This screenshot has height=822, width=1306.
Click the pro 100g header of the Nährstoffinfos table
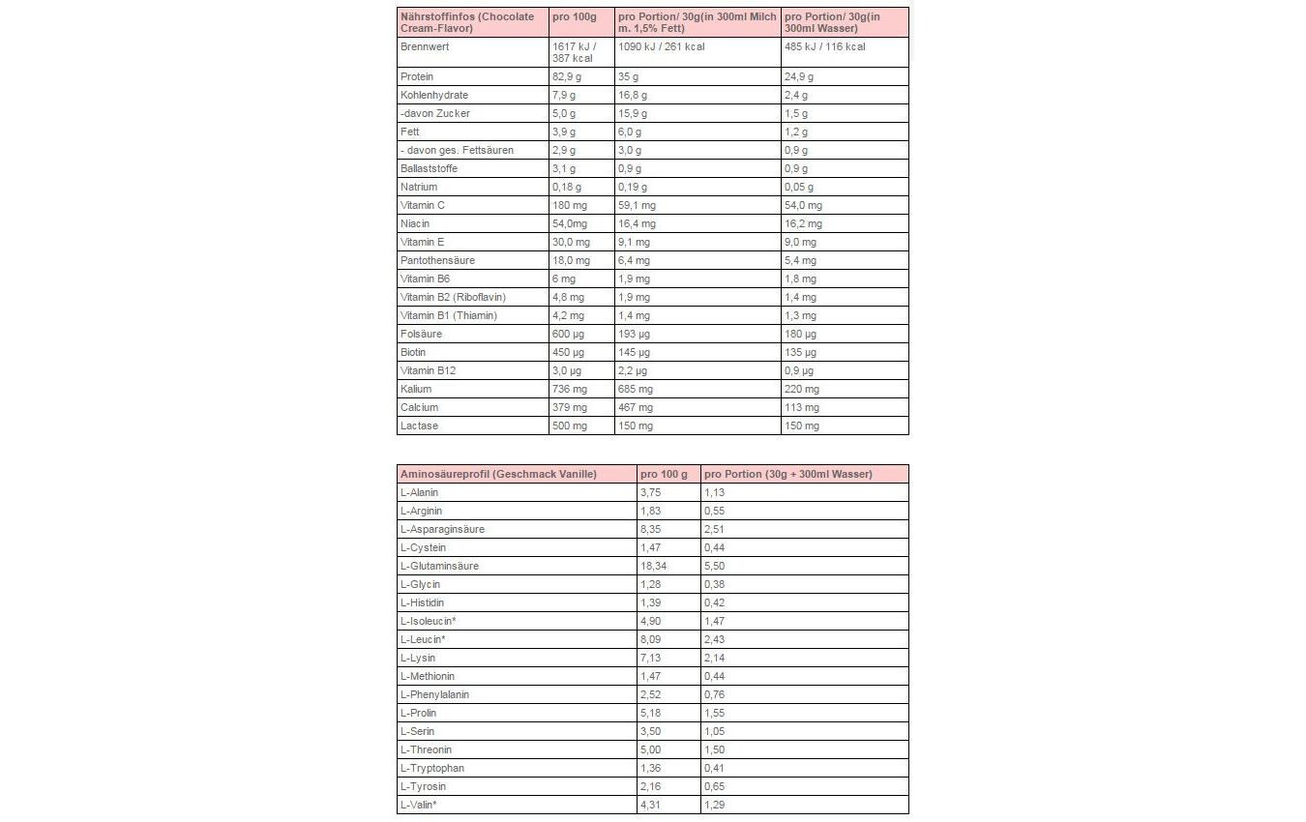click(x=574, y=17)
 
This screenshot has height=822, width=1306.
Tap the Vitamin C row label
click(x=423, y=205)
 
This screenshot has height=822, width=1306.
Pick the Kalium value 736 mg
click(x=569, y=389)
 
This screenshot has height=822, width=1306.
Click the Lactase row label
click(x=420, y=426)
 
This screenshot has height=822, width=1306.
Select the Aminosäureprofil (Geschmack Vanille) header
click(x=498, y=474)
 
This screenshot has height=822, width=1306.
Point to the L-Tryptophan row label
click(x=432, y=768)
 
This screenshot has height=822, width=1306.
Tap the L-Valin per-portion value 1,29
click(x=714, y=805)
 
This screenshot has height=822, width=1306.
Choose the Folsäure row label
click(x=421, y=334)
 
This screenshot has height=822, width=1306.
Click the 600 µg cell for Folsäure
click(x=568, y=334)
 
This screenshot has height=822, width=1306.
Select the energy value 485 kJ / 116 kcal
click(x=824, y=46)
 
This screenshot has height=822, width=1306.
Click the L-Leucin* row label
click(x=423, y=639)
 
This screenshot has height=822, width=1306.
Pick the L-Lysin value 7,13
click(x=651, y=658)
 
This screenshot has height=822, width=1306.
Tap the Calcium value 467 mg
click(x=635, y=407)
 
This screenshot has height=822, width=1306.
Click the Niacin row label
click(x=415, y=223)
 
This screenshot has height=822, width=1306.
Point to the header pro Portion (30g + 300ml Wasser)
click(x=787, y=474)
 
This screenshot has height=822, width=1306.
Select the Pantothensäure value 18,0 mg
click(x=571, y=260)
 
